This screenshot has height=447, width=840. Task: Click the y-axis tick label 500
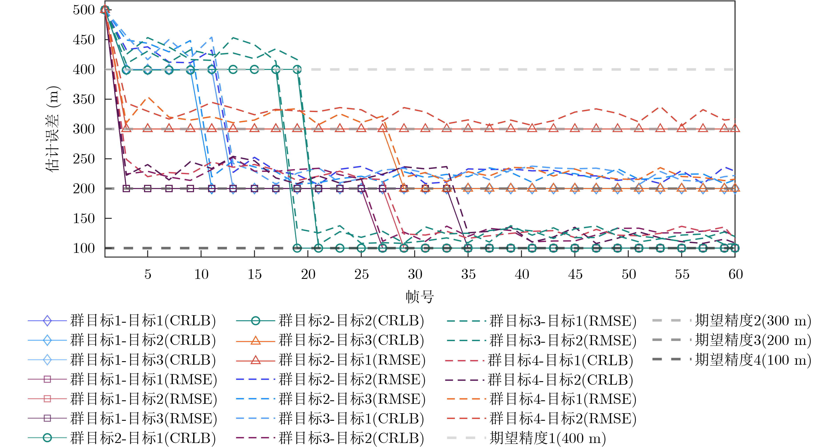point(84,10)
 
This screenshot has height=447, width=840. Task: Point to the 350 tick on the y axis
point(84,99)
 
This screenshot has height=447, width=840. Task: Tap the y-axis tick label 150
point(84,218)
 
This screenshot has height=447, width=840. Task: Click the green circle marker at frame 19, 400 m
point(297,70)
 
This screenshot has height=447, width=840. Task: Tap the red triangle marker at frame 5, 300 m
point(148,128)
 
